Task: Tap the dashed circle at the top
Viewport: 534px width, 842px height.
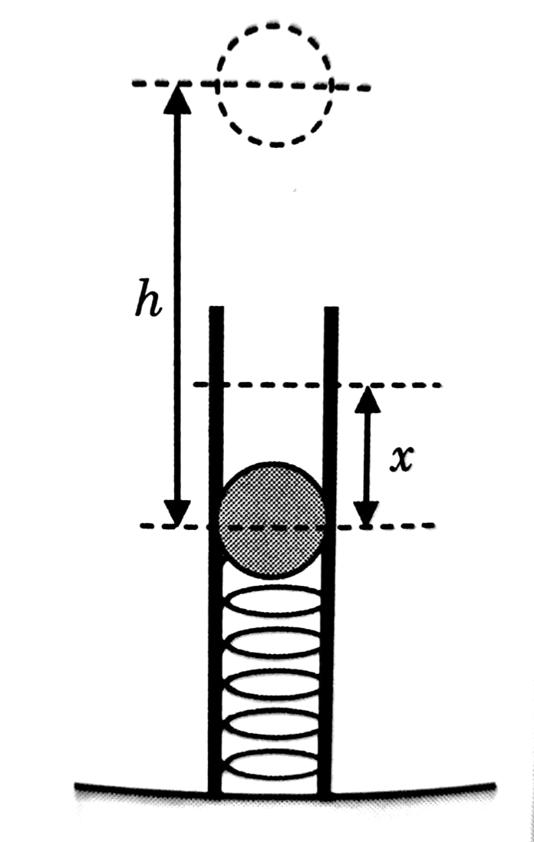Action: [x=275, y=84]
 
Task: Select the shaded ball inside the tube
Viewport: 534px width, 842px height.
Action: [x=272, y=520]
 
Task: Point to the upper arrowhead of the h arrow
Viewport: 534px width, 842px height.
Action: [x=178, y=96]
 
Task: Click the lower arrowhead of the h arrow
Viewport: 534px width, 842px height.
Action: [x=178, y=512]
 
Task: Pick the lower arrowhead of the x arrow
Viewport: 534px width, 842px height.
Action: [x=367, y=514]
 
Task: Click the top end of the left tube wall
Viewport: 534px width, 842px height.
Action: [x=216, y=311]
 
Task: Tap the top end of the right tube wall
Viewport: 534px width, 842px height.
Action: [x=331, y=311]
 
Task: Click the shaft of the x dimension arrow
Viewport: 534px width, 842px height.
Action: [x=367, y=456]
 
